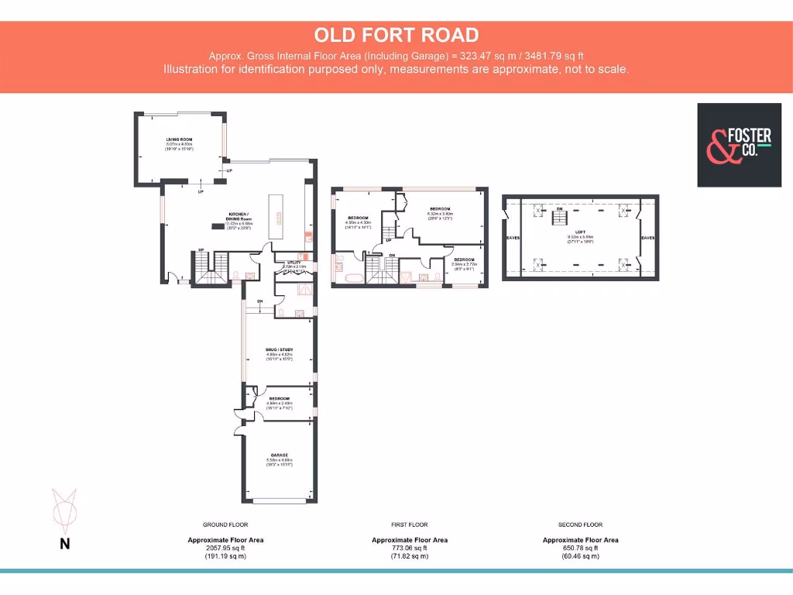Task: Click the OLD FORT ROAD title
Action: coord(396,35)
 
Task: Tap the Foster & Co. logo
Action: coord(739,145)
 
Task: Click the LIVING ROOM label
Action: coord(178,139)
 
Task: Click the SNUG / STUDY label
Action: coord(278,350)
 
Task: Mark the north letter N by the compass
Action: coord(65,544)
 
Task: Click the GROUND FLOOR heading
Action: coord(225,524)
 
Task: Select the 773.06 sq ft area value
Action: coord(410,548)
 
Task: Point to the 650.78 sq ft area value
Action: coord(580,548)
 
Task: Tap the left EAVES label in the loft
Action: coord(513,238)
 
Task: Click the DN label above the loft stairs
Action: coord(559,209)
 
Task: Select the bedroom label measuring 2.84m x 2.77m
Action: coord(464,260)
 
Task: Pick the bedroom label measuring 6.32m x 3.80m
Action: coord(441,209)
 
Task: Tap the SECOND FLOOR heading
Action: coord(580,524)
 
